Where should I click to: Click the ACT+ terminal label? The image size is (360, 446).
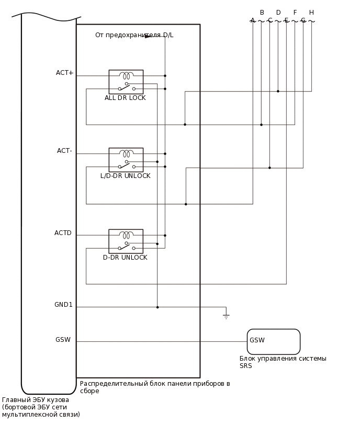tap(65, 73)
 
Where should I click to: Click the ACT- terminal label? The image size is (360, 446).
tap(64, 151)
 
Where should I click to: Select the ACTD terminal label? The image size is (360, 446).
tap(63, 233)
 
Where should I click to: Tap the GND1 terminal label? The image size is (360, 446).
tap(63, 305)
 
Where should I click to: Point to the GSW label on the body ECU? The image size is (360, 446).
tap(63, 340)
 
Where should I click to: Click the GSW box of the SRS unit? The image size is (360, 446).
tap(273, 342)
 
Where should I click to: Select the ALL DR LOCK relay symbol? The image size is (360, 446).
tap(126, 82)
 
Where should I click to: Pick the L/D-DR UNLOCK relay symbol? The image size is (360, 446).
tap(126, 160)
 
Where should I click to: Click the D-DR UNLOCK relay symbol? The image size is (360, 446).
tap(126, 241)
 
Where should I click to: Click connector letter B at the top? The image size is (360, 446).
tap(262, 13)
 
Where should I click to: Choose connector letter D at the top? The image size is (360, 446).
tap(278, 13)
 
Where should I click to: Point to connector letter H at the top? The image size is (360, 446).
tap(311, 13)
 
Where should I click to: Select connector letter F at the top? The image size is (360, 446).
tap(295, 13)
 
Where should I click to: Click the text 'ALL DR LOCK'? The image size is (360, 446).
tap(125, 98)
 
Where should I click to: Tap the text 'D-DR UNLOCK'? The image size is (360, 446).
tap(125, 258)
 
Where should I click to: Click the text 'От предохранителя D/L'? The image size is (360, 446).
tap(134, 35)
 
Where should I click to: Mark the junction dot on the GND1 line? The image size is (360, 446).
tap(157, 307)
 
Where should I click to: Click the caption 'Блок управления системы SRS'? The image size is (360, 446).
tap(283, 362)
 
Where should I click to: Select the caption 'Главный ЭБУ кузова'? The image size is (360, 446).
tap(36, 400)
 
